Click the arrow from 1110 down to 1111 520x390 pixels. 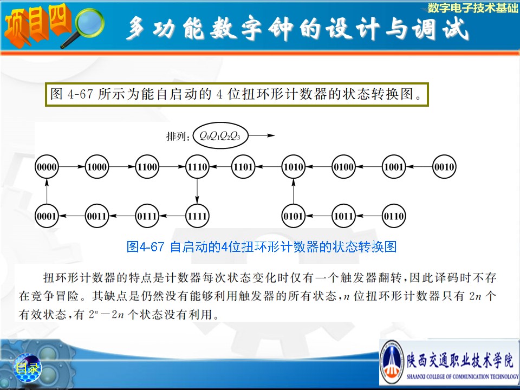[x=197, y=191]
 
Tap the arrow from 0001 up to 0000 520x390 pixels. [x=47, y=191]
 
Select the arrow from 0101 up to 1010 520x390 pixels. [x=293, y=191]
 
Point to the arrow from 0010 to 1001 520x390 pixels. [x=419, y=166]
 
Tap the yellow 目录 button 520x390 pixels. [x=27, y=367]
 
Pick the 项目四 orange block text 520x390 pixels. [x=37, y=25]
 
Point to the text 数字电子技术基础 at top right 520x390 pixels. [x=472, y=8]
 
